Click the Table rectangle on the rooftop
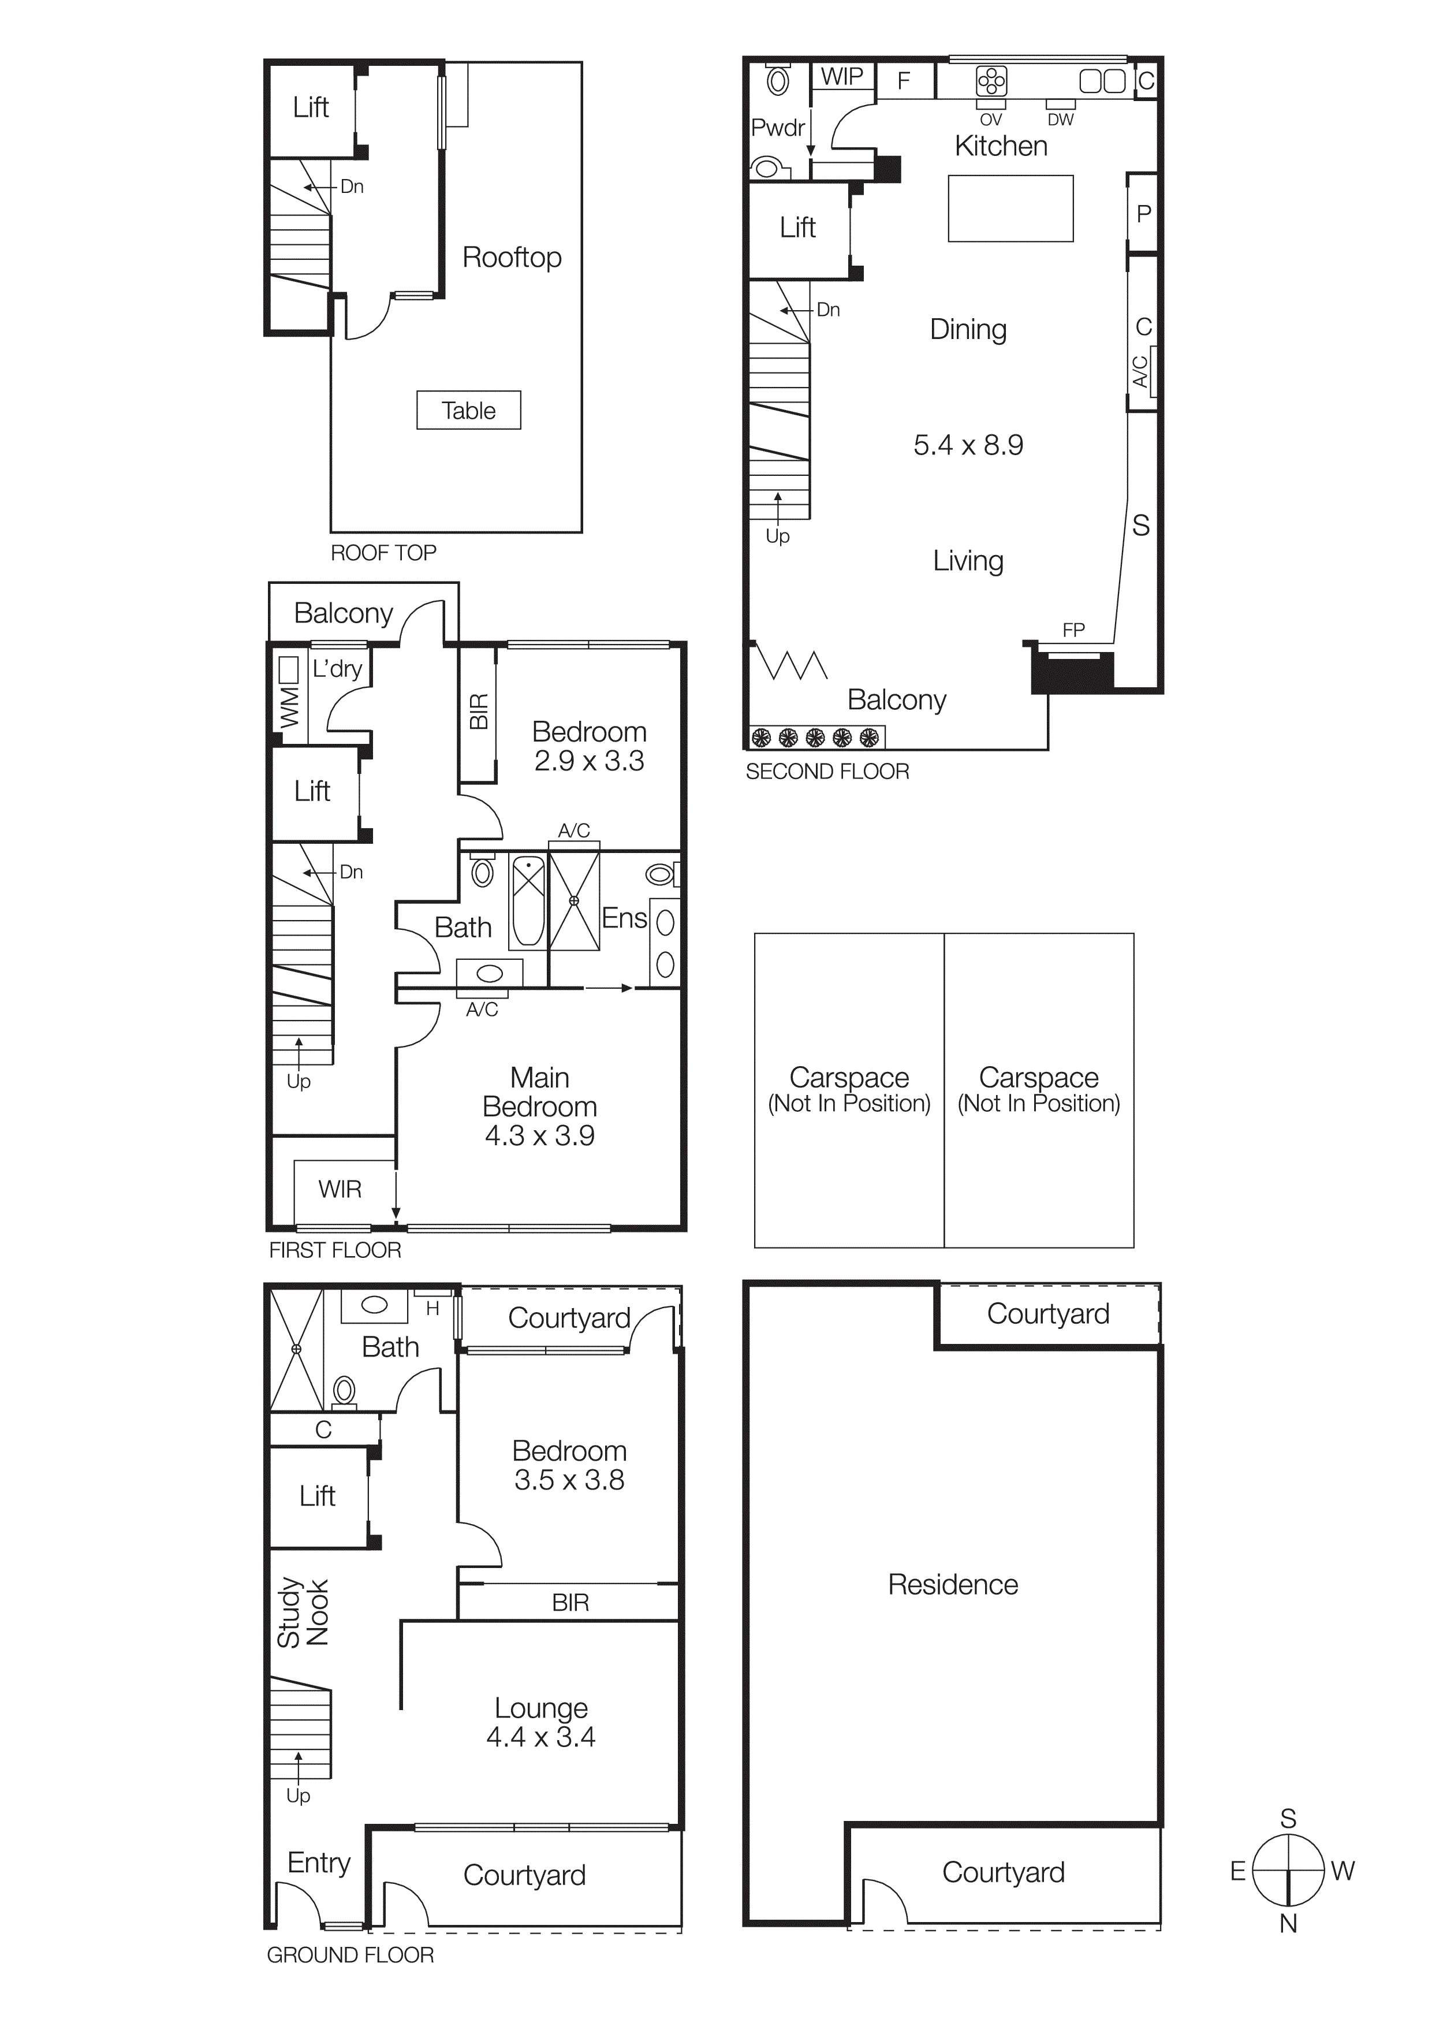click(x=468, y=410)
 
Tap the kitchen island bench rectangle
click(x=1010, y=208)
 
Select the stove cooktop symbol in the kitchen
click(x=991, y=81)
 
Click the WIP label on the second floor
click(x=842, y=77)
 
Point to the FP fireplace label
click(x=1073, y=630)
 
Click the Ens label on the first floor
click(x=624, y=919)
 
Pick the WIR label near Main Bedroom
click(x=340, y=1190)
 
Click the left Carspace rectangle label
click(x=849, y=1078)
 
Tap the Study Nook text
click(x=303, y=1614)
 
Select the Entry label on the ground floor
click(x=319, y=1863)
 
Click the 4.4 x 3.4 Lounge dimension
click(x=541, y=1737)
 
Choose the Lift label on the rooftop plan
click(x=311, y=107)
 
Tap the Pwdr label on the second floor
click(x=777, y=128)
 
